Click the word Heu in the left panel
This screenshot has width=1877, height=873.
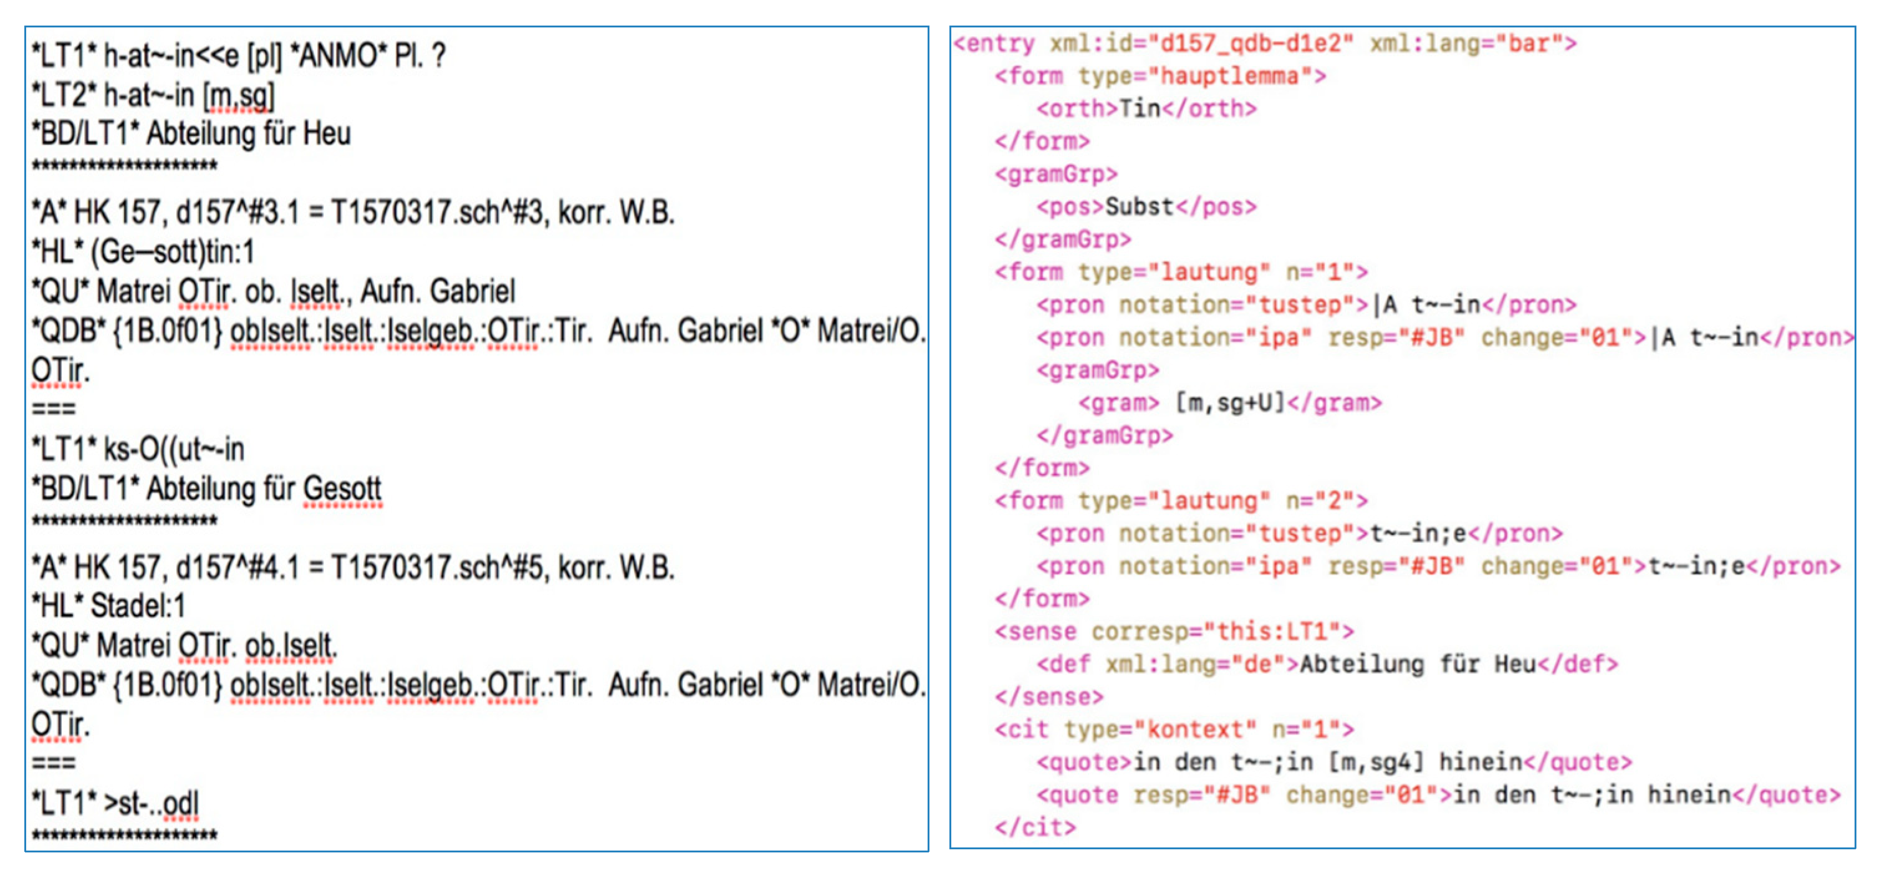327,134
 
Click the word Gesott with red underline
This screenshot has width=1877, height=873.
342,489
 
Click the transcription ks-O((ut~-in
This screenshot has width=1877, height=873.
173,450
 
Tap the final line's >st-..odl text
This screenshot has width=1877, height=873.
151,804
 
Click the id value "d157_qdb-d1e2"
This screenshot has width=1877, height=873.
1251,44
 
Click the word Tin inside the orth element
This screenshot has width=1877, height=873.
1140,109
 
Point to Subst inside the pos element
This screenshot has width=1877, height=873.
1140,207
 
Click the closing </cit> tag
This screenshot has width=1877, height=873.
1035,828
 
